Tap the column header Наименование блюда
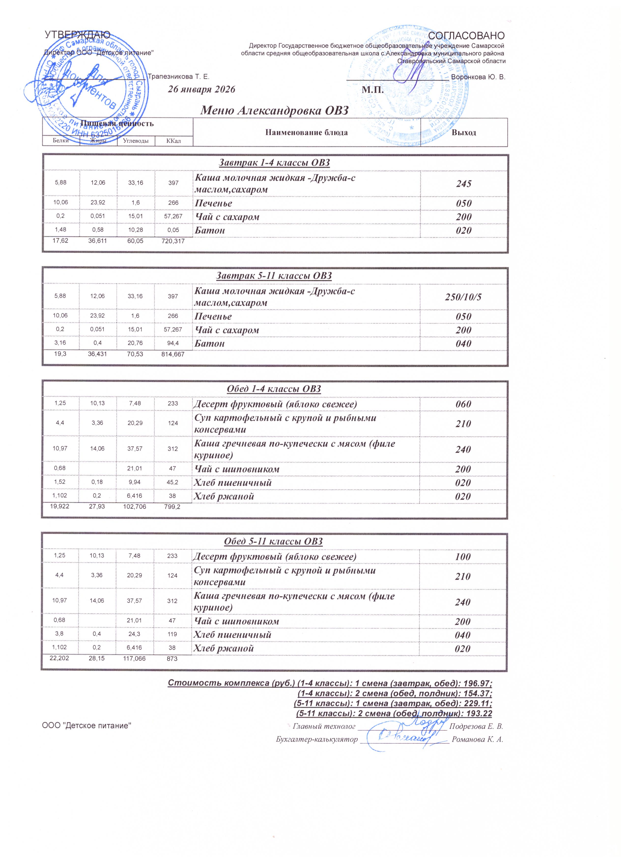(306, 133)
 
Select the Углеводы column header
(136, 141)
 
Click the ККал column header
(173, 141)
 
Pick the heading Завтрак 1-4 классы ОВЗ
(274, 163)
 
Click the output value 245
(464, 184)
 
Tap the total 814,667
(173, 354)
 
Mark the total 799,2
(173, 507)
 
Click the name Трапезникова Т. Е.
(178, 77)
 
